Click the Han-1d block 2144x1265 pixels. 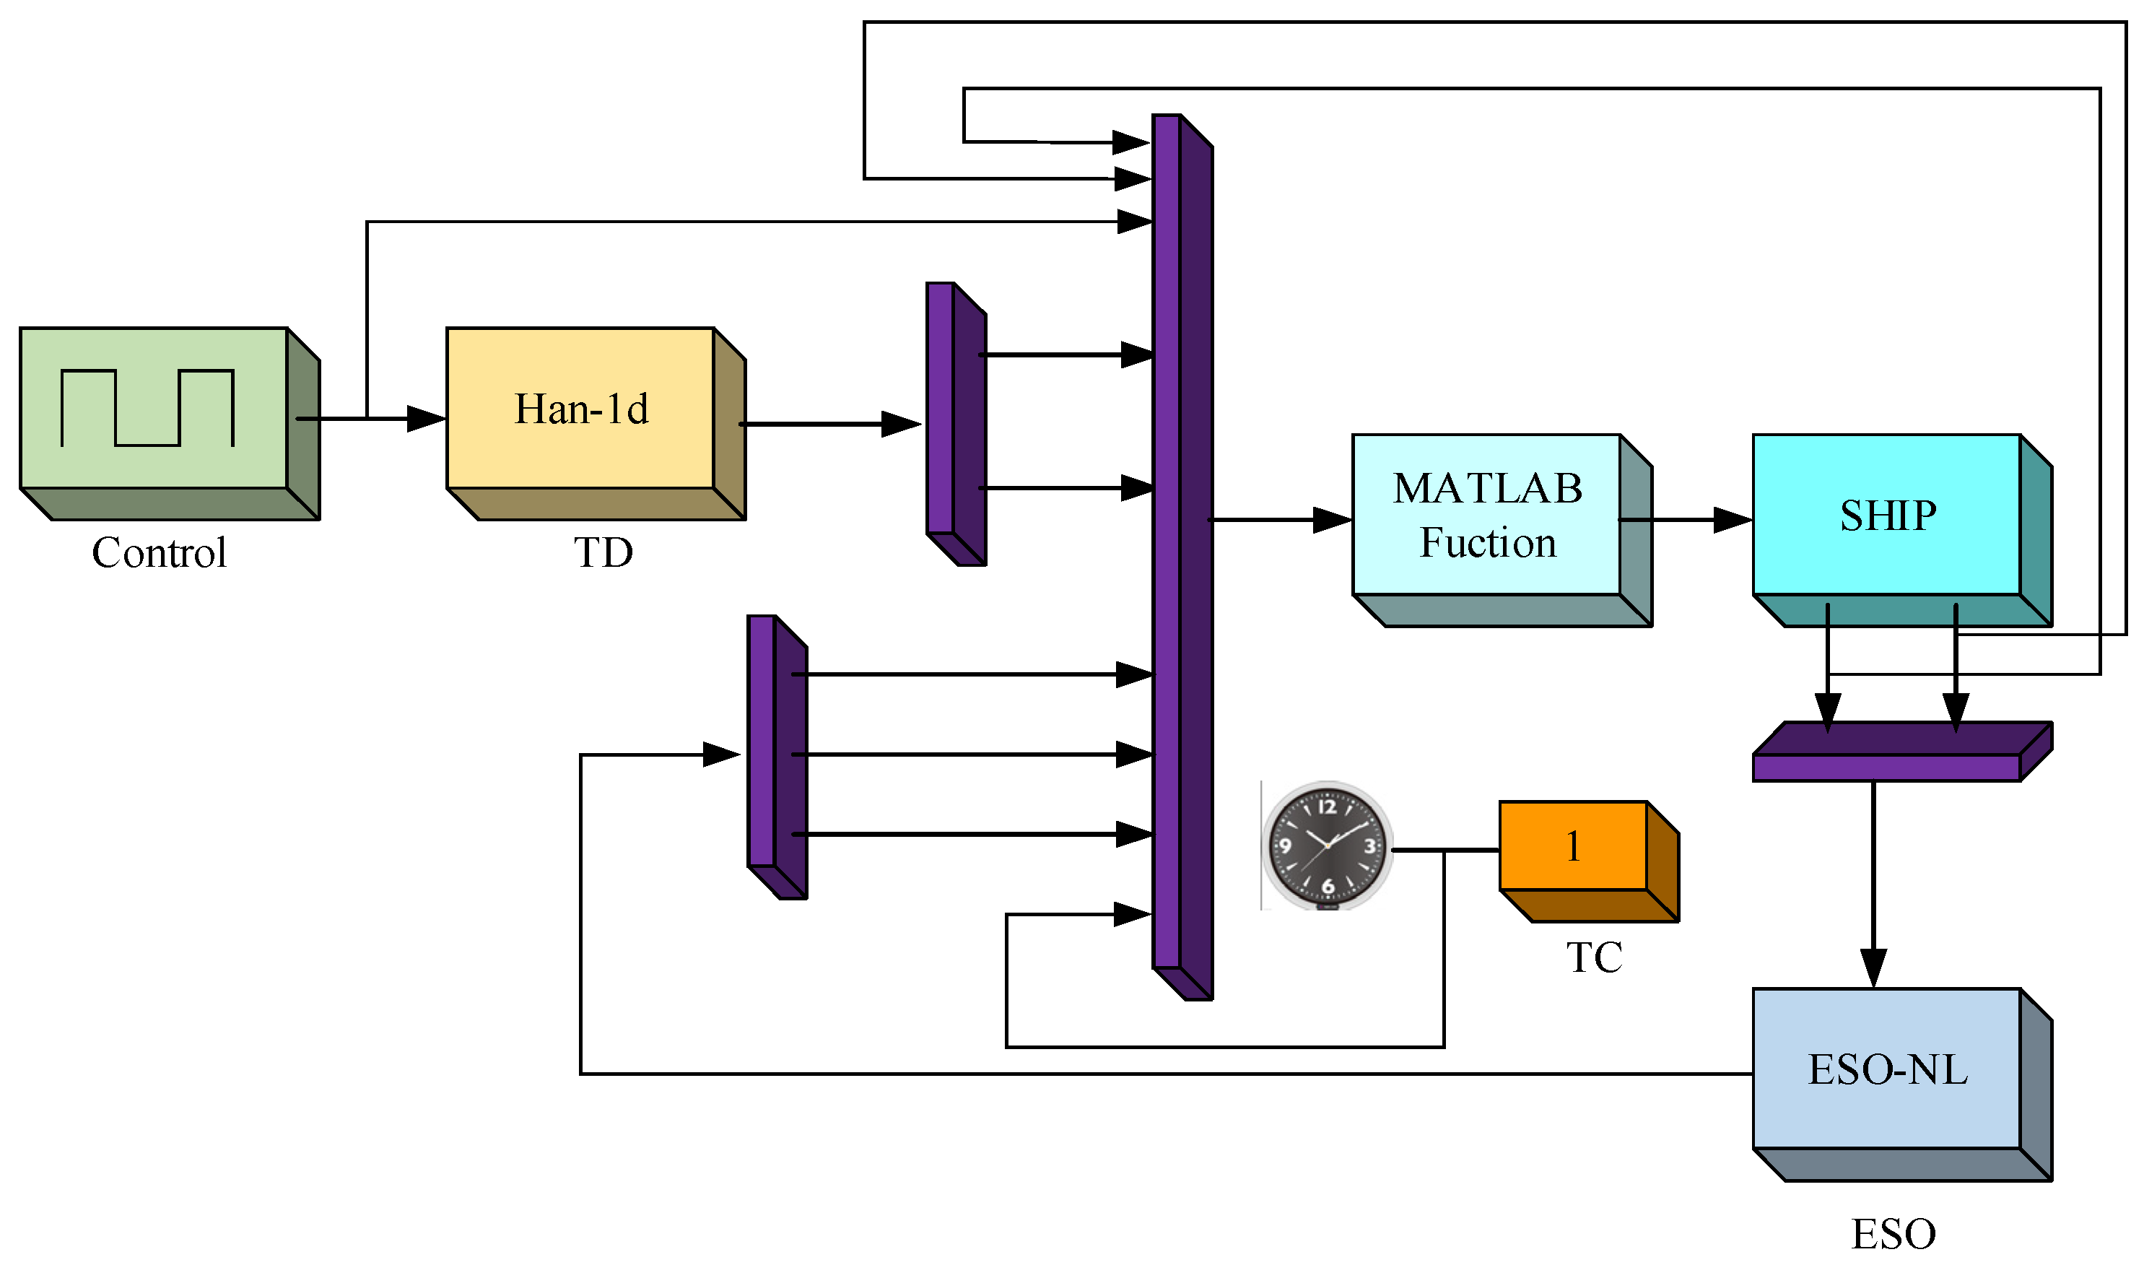click(x=581, y=409)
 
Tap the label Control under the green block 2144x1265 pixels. click(x=160, y=553)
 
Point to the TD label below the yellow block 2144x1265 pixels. click(x=603, y=553)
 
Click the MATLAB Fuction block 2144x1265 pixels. click(x=1487, y=516)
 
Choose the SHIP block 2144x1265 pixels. click(x=1888, y=516)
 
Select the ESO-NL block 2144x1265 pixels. click(x=1888, y=1070)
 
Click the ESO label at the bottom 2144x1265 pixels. click(x=1894, y=1234)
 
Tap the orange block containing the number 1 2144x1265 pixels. click(x=1573, y=846)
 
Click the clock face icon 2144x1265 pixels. click(x=1327, y=845)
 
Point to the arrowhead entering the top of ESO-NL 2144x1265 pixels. click(x=1873, y=969)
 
